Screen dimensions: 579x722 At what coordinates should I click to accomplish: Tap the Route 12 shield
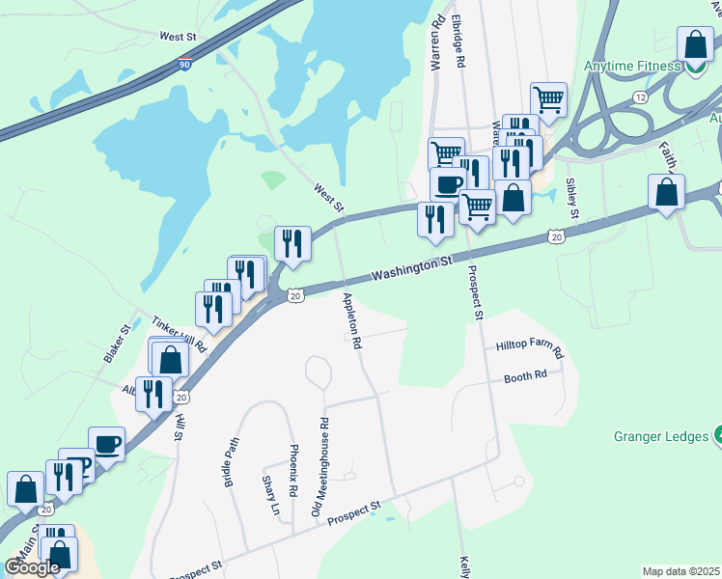tap(670, 97)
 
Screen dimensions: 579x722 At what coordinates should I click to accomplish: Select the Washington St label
tap(411, 267)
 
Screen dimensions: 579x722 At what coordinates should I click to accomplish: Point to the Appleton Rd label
tap(350, 319)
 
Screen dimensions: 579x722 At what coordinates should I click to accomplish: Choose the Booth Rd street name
tap(525, 376)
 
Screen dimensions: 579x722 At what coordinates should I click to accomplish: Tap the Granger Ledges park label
tap(661, 436)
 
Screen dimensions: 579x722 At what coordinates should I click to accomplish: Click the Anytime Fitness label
tap(633, 67)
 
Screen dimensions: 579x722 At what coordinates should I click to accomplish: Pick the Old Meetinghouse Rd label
tap(319, 466)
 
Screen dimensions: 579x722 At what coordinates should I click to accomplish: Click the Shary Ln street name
tap(270, 495)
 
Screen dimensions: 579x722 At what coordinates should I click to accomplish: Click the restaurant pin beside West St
tap(292, 243)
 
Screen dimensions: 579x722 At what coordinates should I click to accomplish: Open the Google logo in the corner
tap(32, 566)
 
